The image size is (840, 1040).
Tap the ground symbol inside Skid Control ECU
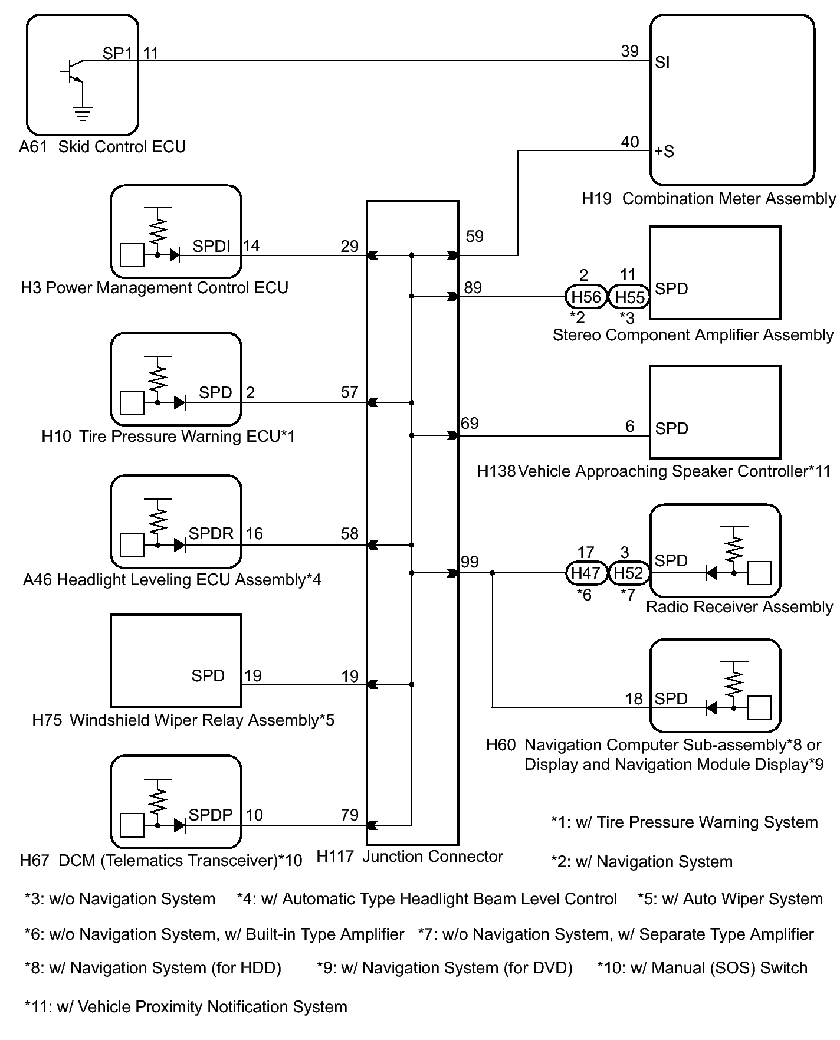[x=83, y=113]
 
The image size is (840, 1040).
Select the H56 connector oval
[x=586, y=297]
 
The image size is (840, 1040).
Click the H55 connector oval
[x=629, y=297]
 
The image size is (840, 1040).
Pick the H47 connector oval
[x=586, y=572]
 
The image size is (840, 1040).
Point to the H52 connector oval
[x=629, y=572]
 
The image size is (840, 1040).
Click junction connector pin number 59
[x=474, y=237]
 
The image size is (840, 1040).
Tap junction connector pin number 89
[x=473, y=287]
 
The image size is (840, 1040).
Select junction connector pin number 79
[x=349, y=815]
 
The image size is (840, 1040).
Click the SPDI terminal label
[x=212, y=246]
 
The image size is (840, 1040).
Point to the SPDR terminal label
[x=211, y=533]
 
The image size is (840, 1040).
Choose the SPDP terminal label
[x=211, y=815]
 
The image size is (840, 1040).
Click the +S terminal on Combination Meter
[x=664, y=152]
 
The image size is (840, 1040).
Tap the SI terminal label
[x=662, y=63]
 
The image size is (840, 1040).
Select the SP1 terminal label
[x=117, y=53]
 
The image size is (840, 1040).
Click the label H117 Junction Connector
[x=410, y=857]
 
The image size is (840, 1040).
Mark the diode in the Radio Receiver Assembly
[x=711, y=572]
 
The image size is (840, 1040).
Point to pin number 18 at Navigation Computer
[x=634, y=699]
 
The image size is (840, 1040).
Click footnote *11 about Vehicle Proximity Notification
[x=186, y=1006]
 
